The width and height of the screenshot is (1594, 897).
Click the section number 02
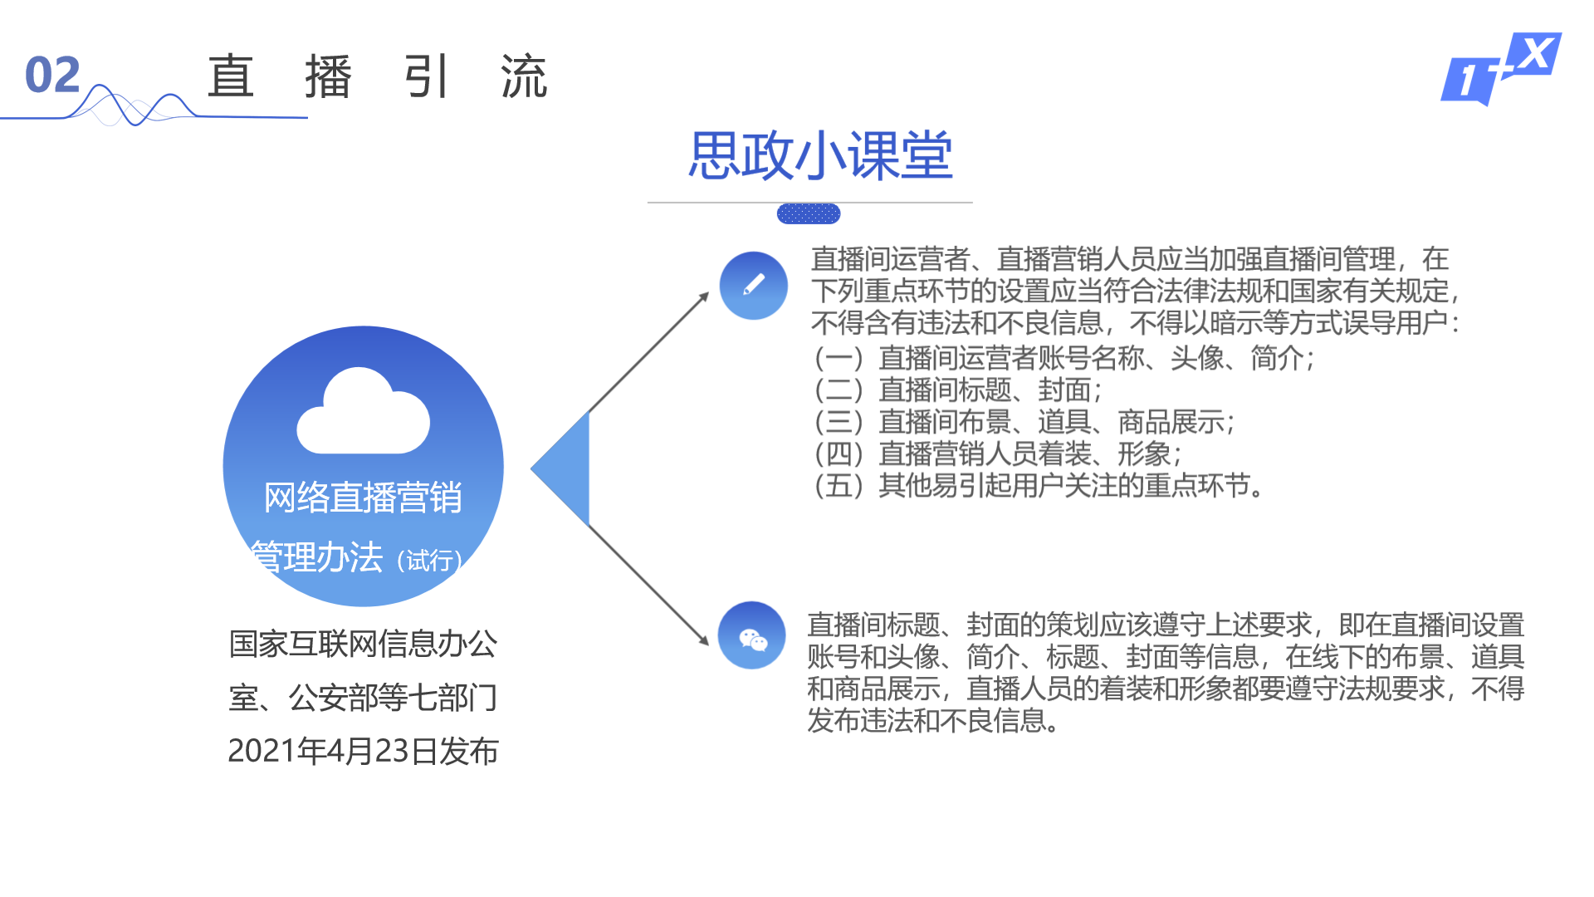pyautogui.click(x=52, y=75)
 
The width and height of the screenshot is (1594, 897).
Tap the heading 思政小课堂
pyautogui.click(x=820, y=155)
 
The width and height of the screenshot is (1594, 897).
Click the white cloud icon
pyautogui.click(x=364, y=412)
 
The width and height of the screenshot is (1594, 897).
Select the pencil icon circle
pyautogui.click(x=753, y=286)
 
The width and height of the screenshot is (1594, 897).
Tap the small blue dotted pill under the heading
pyautogui.click(x=808, y=214)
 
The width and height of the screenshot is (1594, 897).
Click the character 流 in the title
pyautogui.click(x=523, y=76)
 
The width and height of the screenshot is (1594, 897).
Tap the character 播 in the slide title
pyautogui.click(x=328, y=76)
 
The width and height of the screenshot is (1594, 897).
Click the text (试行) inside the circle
pyautogui.click(x=429, y=561)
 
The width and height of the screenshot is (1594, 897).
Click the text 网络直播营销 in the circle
pyautogui.click(x=363, y=498)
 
